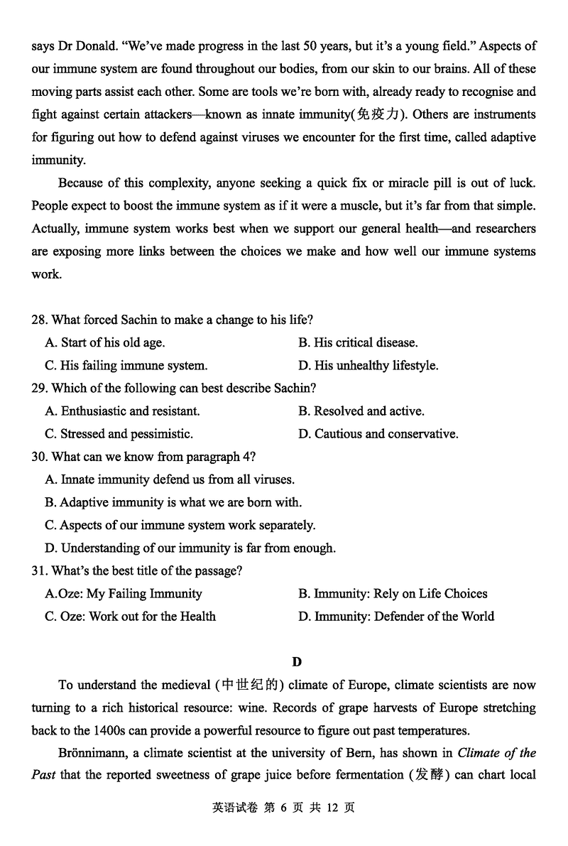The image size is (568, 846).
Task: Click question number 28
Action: pos(40,320)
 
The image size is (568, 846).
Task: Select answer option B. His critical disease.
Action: pos(358,342)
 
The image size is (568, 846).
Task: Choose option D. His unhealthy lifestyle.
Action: pos(368,365)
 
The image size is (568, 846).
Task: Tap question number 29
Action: pos(40,388)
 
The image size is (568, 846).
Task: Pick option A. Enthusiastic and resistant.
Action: pos(122,411)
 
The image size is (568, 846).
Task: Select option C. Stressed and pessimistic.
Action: pos(119,433)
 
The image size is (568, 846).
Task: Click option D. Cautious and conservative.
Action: pos(378,433)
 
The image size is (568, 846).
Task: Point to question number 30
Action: pos(40,456)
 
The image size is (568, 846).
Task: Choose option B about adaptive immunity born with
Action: pos(173,502)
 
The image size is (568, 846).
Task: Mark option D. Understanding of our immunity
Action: pos(190,548)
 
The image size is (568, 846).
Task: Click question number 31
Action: pos(40,570)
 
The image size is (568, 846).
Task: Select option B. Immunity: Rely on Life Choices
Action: pos(393,593)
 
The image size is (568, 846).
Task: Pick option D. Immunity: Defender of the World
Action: pos(396,616)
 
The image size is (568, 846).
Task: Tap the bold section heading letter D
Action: pos(297,661)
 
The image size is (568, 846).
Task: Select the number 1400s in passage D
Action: pos(109,730)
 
